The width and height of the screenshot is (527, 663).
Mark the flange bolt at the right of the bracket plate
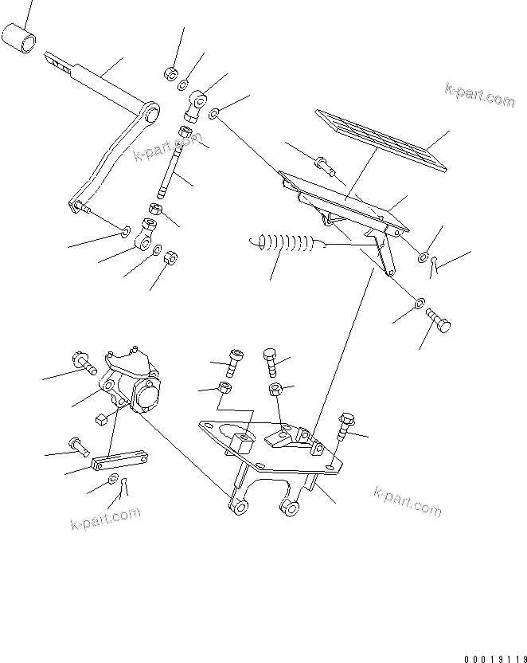pyautogui.click(x=345, y=428)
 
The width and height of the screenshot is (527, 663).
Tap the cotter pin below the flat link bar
pyautogui.click(x=120, y=494)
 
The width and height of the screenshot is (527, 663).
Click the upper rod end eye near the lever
pyautogui.click(x=196, y=102)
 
